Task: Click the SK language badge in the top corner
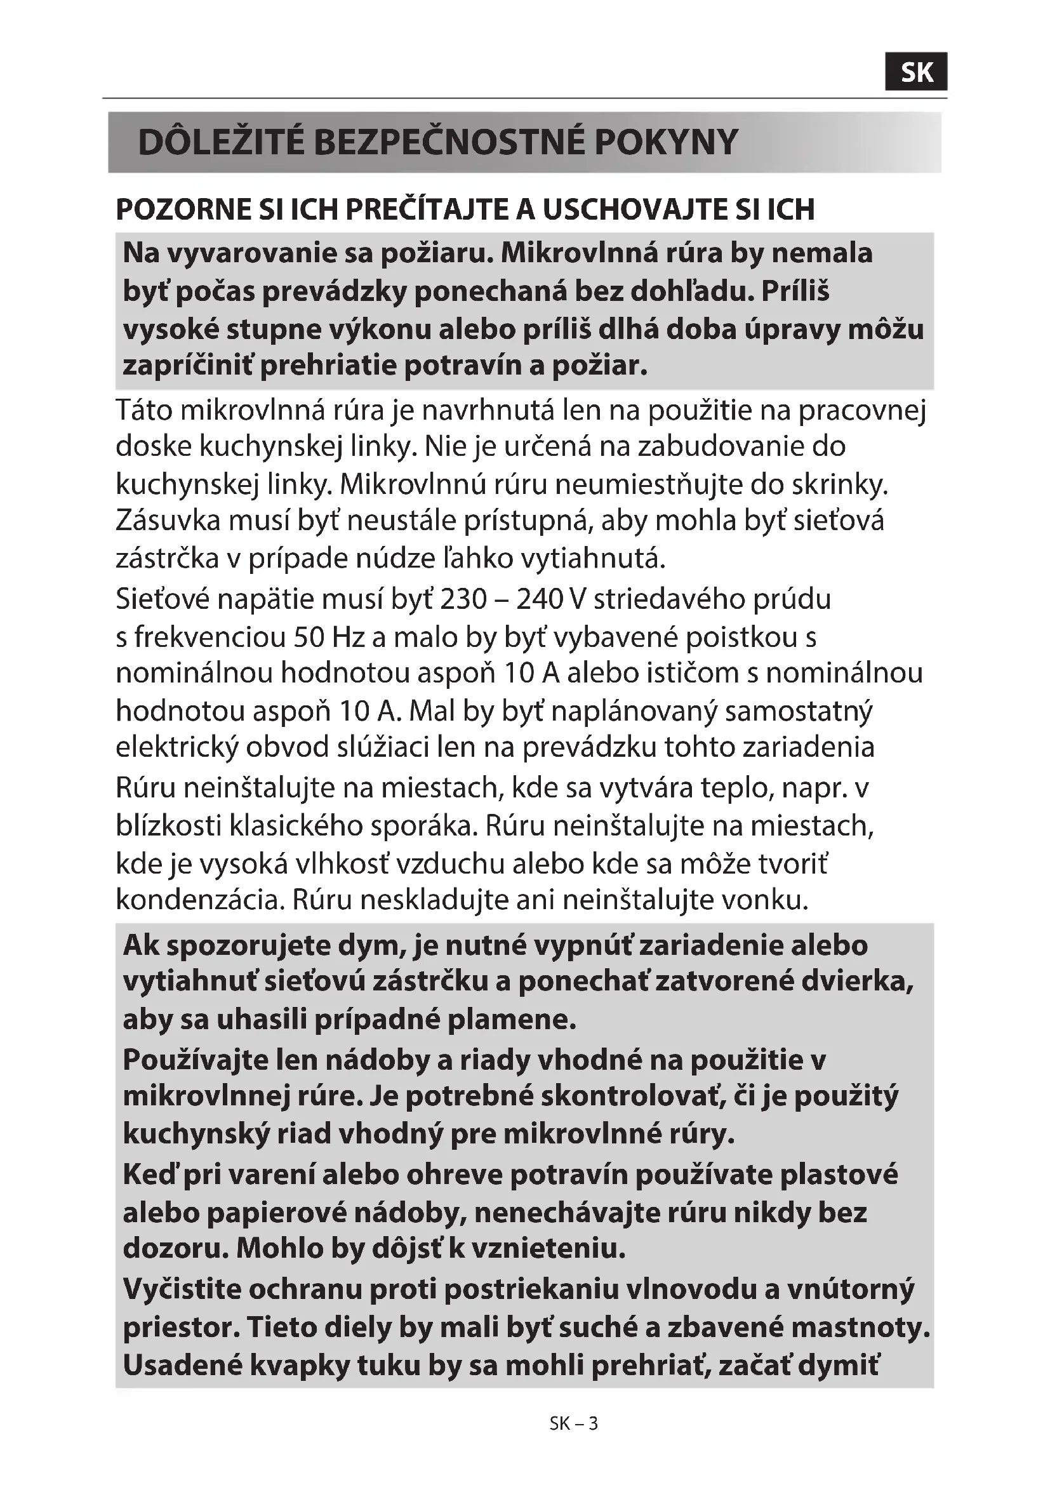916,72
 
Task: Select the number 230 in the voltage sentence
462,599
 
